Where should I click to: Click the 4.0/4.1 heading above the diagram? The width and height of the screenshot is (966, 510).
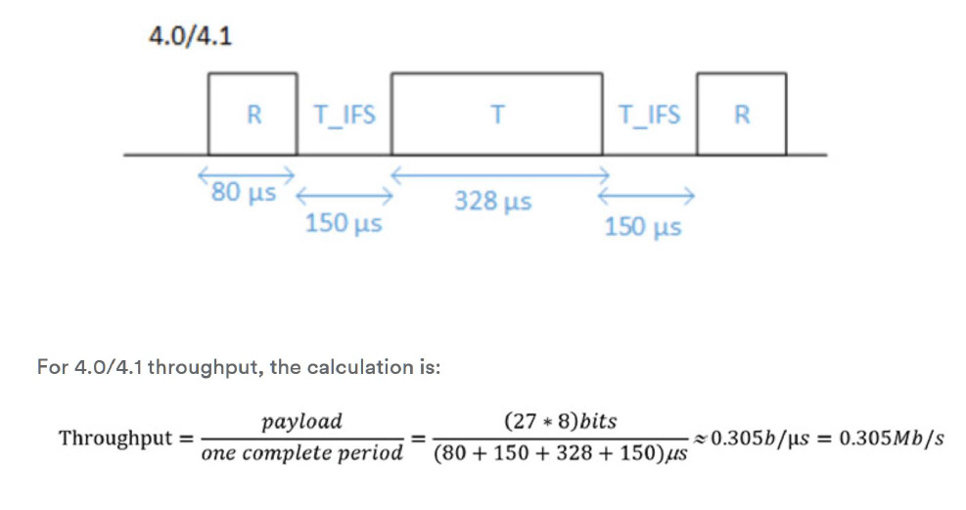pyautogui.click(x=190, y=37)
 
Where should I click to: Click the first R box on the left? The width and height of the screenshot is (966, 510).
pyautogui.click(x=253, y=114)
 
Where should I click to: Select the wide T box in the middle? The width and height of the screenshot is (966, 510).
pyautogui.click(x=497, y=114)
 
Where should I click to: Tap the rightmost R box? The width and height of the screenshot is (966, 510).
pyautogui.click(x=741, y=114)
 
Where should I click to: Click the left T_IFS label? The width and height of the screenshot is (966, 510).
pyautogui.click(x=344, y=115)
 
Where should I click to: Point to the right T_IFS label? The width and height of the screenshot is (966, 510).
pyautogui.click(x=650, y=115)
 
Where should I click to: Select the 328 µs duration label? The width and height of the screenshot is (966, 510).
pyautogui.click(x=493, y=203)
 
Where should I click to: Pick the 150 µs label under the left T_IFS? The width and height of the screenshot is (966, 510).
pyautogui.click(x=343, y=224)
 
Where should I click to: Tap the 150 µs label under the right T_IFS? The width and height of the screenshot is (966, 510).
pyautogui.click(x=643, y=227)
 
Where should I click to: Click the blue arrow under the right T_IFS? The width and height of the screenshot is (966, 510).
pyautogui.click(x=651, y=196)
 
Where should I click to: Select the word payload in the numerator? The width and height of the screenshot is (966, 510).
pyautogui.click(x=301, y=422)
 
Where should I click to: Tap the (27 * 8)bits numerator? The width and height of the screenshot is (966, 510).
pyautogui.click(x=560, y=422)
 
